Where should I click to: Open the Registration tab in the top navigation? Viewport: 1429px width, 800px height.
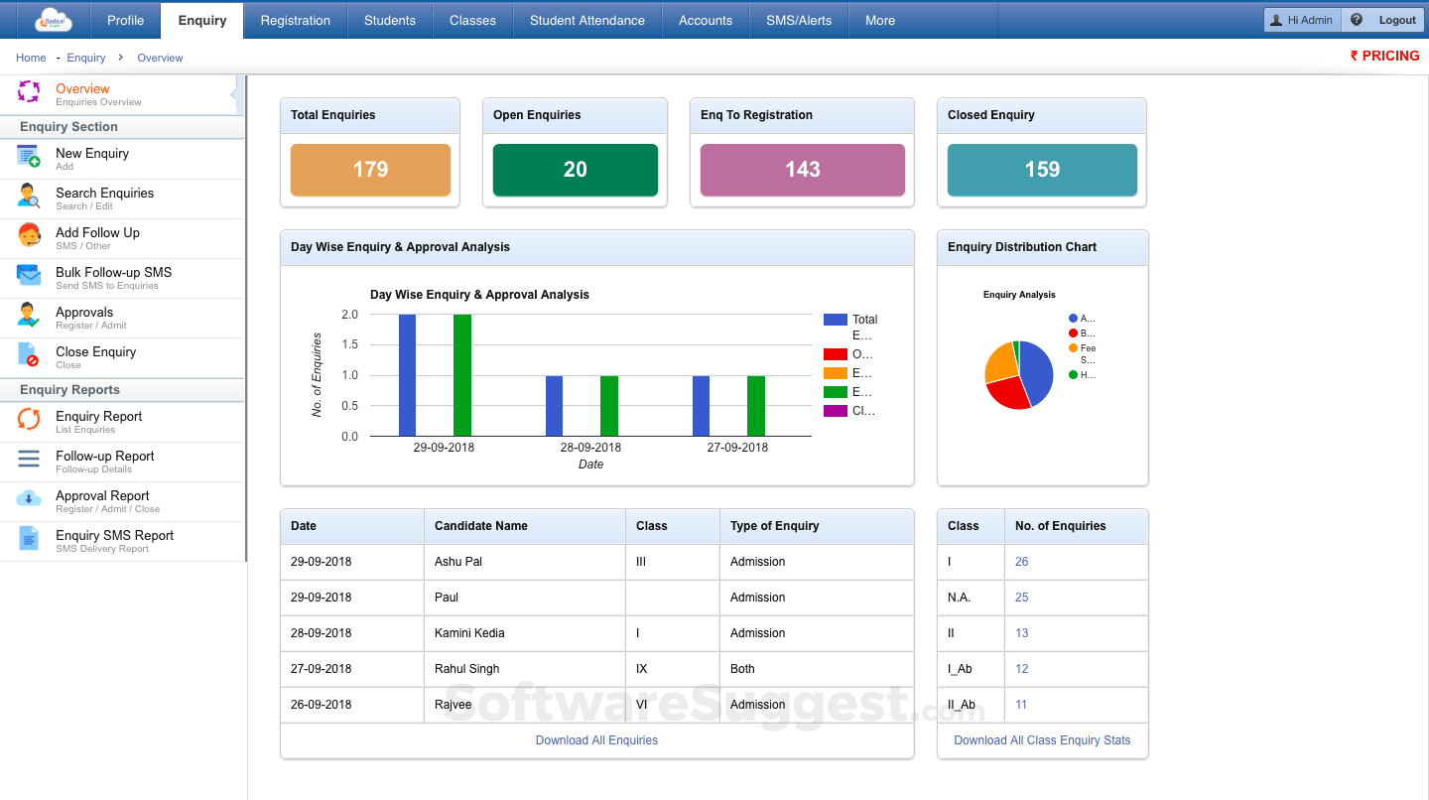pos(295,20)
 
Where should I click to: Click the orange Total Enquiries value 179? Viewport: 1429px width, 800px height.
pos(370,170)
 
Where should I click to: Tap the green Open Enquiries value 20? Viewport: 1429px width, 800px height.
pos(576,170)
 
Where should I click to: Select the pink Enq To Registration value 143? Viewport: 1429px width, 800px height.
pos(802,170)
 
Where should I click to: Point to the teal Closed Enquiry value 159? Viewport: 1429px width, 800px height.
pos(1042,170)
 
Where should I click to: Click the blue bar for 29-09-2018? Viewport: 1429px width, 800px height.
pos(407,375)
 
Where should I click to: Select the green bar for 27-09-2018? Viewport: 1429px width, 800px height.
pos(755,406)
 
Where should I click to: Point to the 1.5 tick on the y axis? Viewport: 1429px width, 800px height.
pos(349,344)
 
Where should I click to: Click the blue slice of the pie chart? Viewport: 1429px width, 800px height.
pos(1038,371)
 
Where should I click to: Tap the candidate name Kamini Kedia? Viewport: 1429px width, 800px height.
pos(469,633)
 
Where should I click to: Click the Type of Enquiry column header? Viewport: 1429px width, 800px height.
pos(774,526)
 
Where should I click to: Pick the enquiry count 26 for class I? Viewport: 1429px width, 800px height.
pos(1021,562)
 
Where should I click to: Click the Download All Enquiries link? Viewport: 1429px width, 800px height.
pos(596,740)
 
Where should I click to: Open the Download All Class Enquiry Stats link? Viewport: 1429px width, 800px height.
pos(1042,740)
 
